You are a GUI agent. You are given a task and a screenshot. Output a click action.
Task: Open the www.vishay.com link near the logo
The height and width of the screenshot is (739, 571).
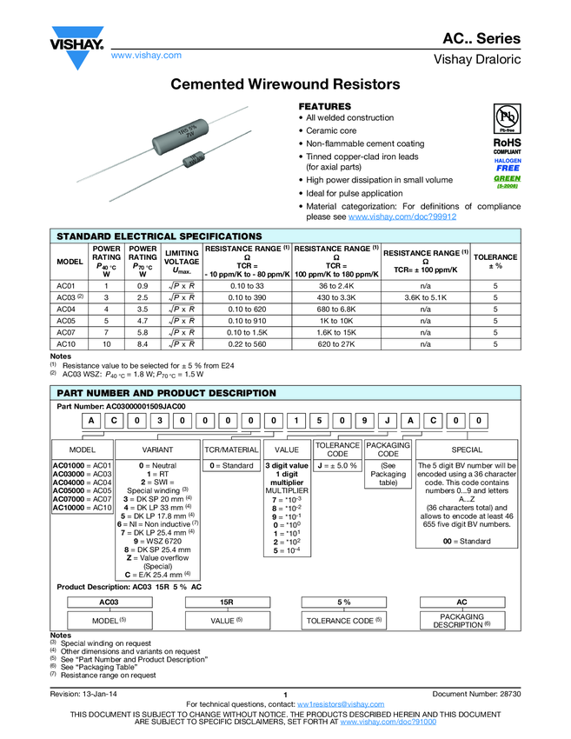(146, 56)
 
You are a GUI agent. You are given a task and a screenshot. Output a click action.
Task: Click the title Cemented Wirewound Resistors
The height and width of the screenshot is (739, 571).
(285, 85)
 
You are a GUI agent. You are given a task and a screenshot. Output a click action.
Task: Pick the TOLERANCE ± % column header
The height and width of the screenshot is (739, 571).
(495, 262)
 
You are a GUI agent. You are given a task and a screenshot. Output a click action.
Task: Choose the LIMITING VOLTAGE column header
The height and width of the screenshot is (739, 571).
(182, 262)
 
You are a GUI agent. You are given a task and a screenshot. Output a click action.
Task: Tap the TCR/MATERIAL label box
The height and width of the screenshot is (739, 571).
(231, 450)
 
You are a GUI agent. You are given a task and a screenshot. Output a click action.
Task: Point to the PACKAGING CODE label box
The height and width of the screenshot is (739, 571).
(388, 450)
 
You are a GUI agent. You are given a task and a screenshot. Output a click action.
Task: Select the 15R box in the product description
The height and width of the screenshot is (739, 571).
(227, 602)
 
